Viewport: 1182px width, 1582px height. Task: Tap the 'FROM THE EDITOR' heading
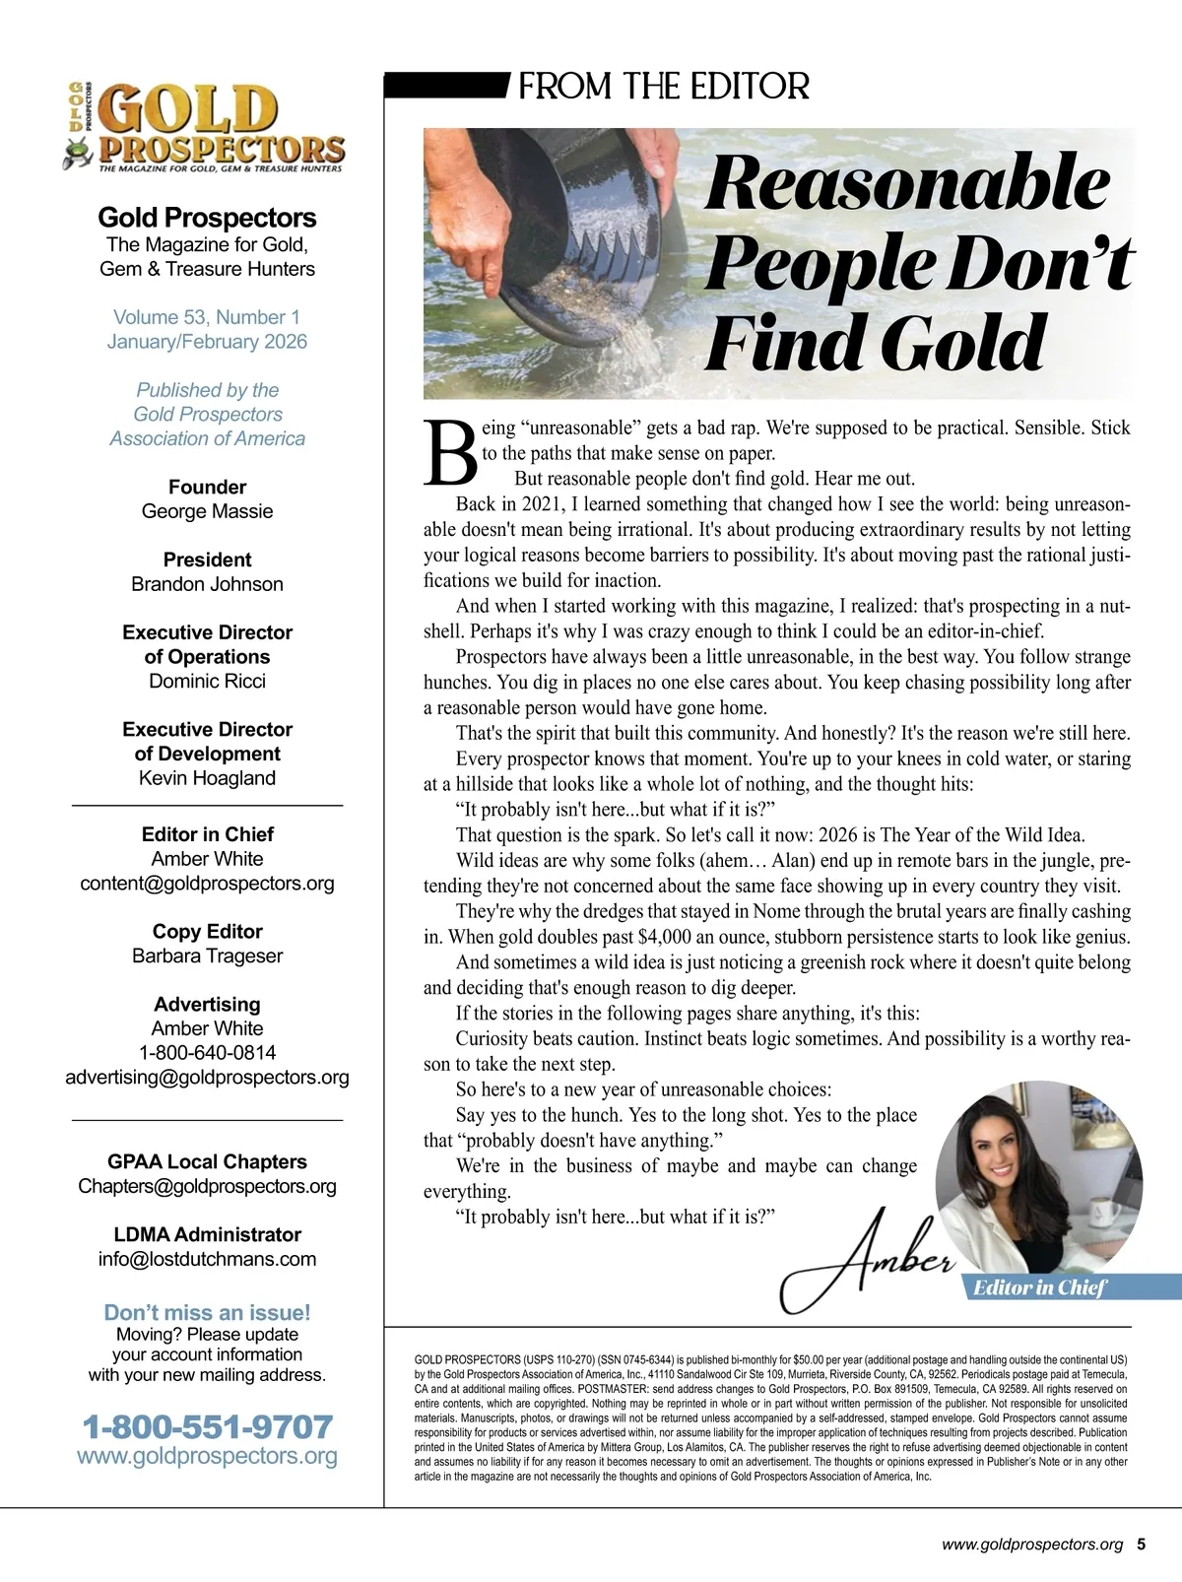pyautogui.click(x=663, y=87)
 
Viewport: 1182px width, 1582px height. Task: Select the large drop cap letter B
pyautogui.click(x=450, y=454)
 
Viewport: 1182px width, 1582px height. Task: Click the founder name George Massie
pyautogui.click(x=207, y=511)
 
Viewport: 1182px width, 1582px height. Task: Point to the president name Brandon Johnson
pyautogui.click(x=207, y=584)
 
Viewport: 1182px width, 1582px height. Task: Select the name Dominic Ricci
pyautogui.click(x=207, y=681)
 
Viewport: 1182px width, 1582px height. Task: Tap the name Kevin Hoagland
pyautogui.click(x=207, y=778)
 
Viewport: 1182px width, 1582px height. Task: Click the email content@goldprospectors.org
pyautogui.click(x=207, y=883)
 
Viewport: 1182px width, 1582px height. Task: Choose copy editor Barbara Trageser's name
pyautogui.click(x=207, y=956)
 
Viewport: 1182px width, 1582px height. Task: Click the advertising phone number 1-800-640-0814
pyautogui.click(x=207, y=1052)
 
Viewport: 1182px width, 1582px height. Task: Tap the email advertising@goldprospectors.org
pyautogui.click(x=207, y=1077)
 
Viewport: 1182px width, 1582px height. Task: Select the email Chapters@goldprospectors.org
pyautogui.click(x=207, y=1186)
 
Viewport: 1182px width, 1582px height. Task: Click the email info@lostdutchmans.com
pyautogui.click(x=207, y=1259)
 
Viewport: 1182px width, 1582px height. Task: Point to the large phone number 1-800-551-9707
pyautogui.click(x=207, y=1426)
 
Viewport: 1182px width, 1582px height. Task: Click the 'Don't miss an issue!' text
pyautogui.click(x=207, y=1312)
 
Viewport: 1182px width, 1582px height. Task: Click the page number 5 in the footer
pyautogui.click(x=1141, y=1545)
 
